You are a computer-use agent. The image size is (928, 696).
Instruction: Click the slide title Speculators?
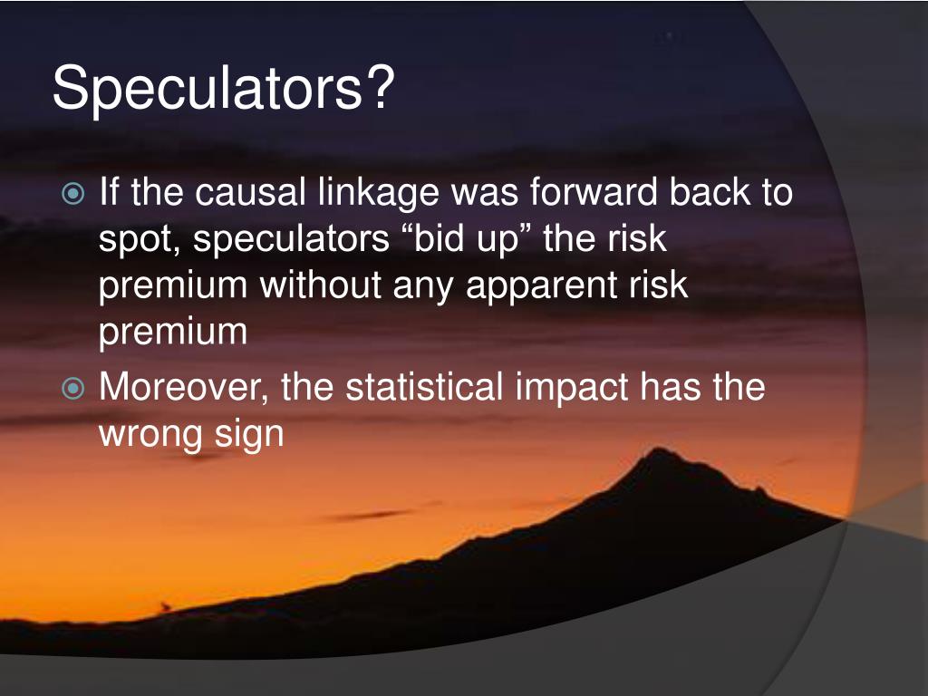point(224,88)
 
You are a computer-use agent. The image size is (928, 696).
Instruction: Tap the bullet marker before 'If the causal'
point(74,194)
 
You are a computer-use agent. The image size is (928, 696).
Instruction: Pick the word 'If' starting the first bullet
point(109,192)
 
